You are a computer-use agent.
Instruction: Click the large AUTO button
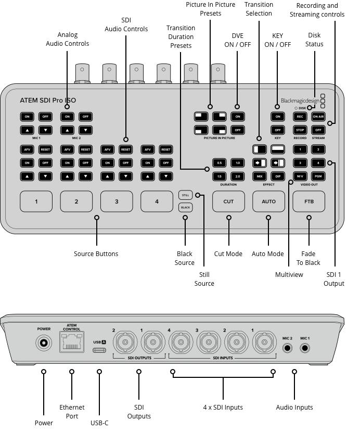268,201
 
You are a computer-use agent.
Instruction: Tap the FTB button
308,201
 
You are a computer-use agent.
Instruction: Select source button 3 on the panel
117,201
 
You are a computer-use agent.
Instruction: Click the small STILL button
186,195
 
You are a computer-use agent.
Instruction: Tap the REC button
300,117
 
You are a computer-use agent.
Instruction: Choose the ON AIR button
318,117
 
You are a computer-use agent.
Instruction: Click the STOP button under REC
300,130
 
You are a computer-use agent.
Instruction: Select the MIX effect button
259,176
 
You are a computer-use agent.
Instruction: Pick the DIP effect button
278,176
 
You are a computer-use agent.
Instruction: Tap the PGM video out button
318,176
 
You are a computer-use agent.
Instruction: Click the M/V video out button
300,176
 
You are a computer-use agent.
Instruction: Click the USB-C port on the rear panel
99,350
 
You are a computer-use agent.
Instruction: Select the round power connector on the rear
44,343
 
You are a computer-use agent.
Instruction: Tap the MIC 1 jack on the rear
305,348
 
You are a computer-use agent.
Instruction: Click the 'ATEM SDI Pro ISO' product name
48,100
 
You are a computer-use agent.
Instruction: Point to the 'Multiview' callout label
289,274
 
